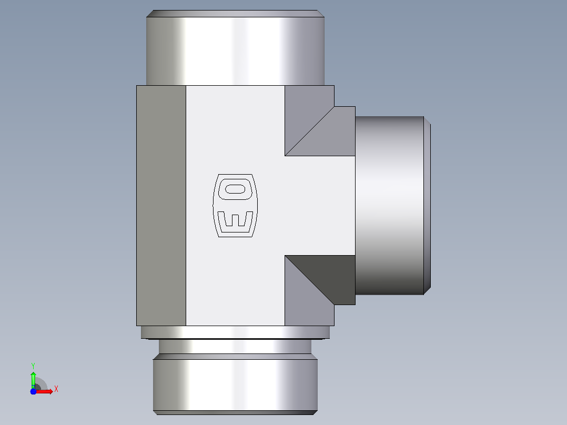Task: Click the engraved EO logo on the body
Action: point(235,206)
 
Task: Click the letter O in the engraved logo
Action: point(236,189)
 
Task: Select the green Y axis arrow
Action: point(33,380)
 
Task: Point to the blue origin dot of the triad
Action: point(33,391)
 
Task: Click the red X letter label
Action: point(56,389)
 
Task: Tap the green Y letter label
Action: point(33,366)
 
